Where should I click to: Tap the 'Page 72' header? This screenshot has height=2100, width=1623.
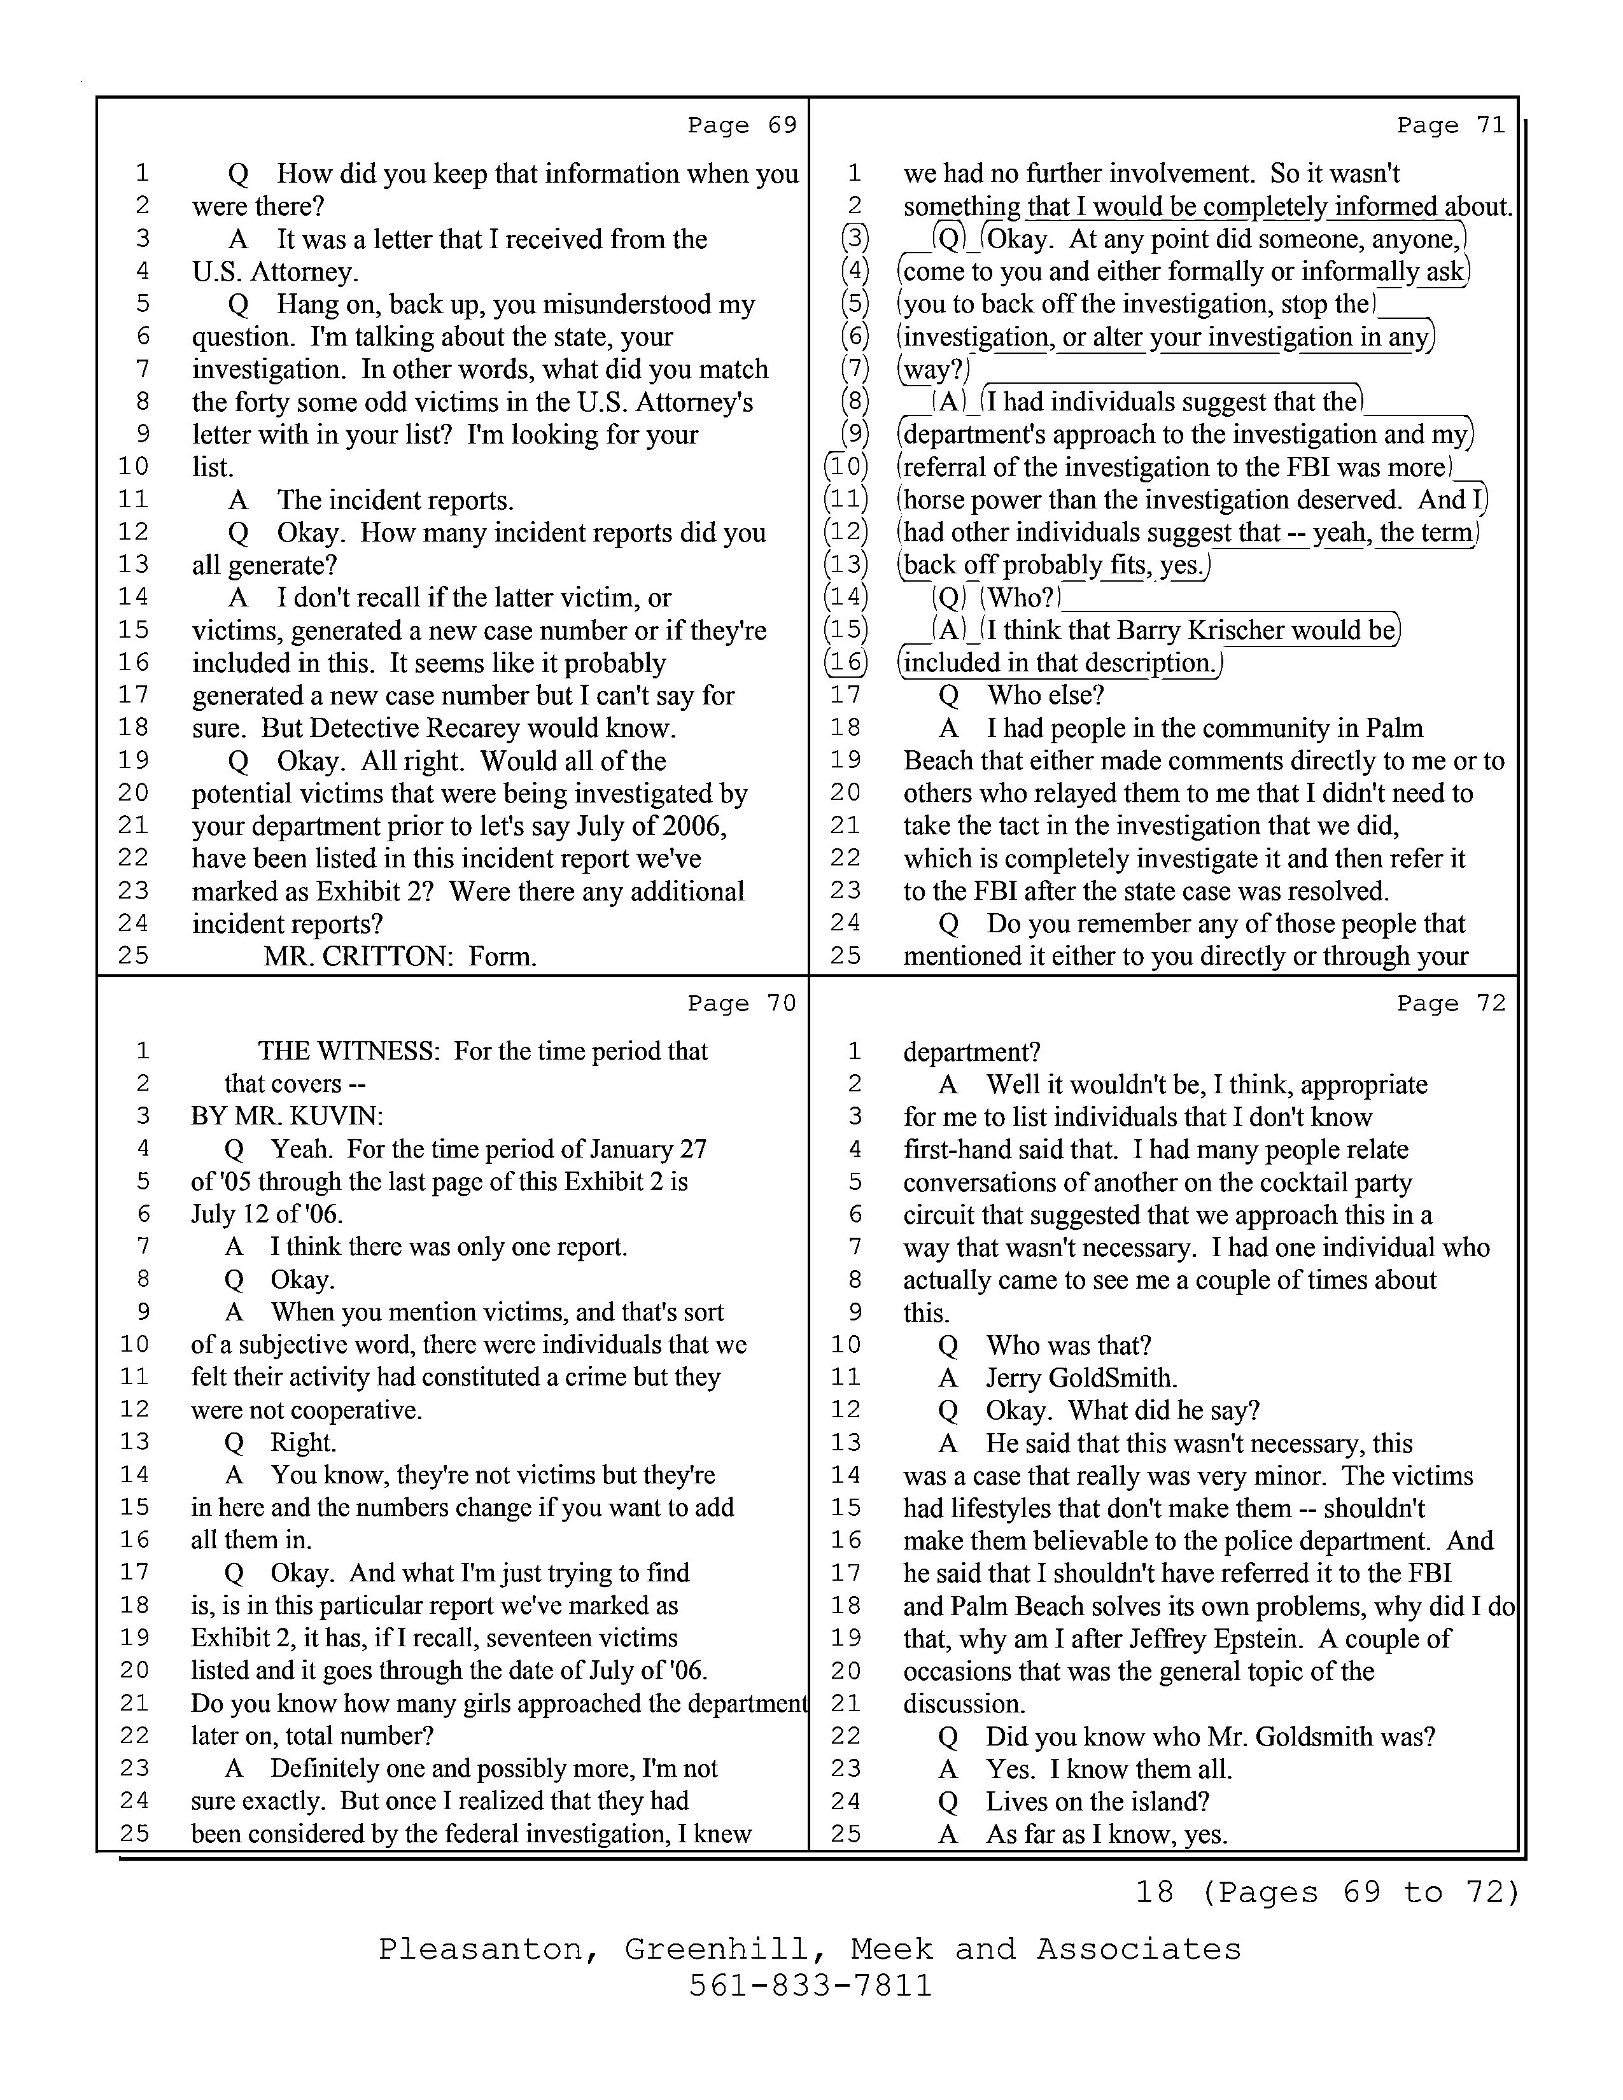pos(1451,1004)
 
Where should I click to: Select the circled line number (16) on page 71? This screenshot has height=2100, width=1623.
pos(846,662)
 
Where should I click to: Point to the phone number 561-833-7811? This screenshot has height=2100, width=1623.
pos(810,1985)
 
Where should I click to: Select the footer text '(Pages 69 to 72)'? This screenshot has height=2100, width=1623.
pos(1361,1893)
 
